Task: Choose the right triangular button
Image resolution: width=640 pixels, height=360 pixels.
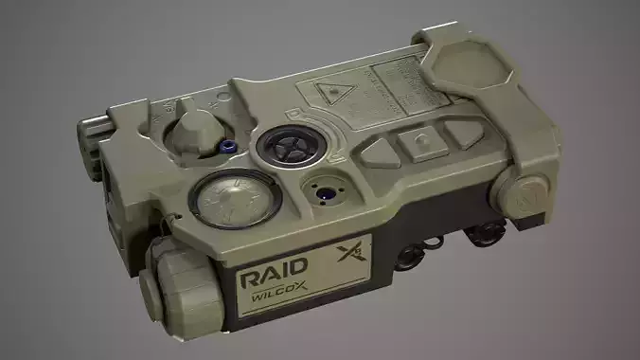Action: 464,132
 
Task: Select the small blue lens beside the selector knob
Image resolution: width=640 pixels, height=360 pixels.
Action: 228,145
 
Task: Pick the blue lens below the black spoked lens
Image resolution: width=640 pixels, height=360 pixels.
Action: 324,193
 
